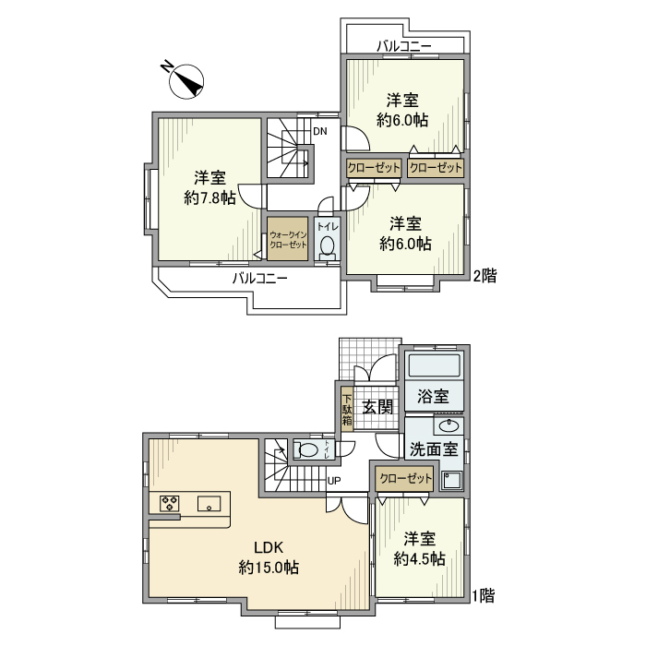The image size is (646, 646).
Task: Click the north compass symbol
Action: pyautogui.click(x=188, y=81)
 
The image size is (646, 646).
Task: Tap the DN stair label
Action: pyautogui.click(x=319, y=131)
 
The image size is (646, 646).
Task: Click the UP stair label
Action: pyautogui.click(x=333, y=481)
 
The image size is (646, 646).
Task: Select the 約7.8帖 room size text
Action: pyautogui.click(x=209, y=197)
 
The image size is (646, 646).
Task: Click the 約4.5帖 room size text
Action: pyautogui.click(x=420, y=558)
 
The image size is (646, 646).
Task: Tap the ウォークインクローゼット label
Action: pyautogui.click(x=289, y=239)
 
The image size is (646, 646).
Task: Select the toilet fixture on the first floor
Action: pyautogui.click(x=311, y=450)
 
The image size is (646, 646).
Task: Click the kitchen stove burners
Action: pyautogui.click(x=170, y=503)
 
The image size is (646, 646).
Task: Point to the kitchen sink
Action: pyautogui.click(x=209, y=503)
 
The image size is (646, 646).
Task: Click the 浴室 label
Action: pyautogui.click(x=433, y=397)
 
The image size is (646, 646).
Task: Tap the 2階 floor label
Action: pyautogui.click(x=484, y=275)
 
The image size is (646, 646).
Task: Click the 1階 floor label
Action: pyautogui.click(x=484, y=595)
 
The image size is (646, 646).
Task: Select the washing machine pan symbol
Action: pyautogui.click(x=452, y=480)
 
